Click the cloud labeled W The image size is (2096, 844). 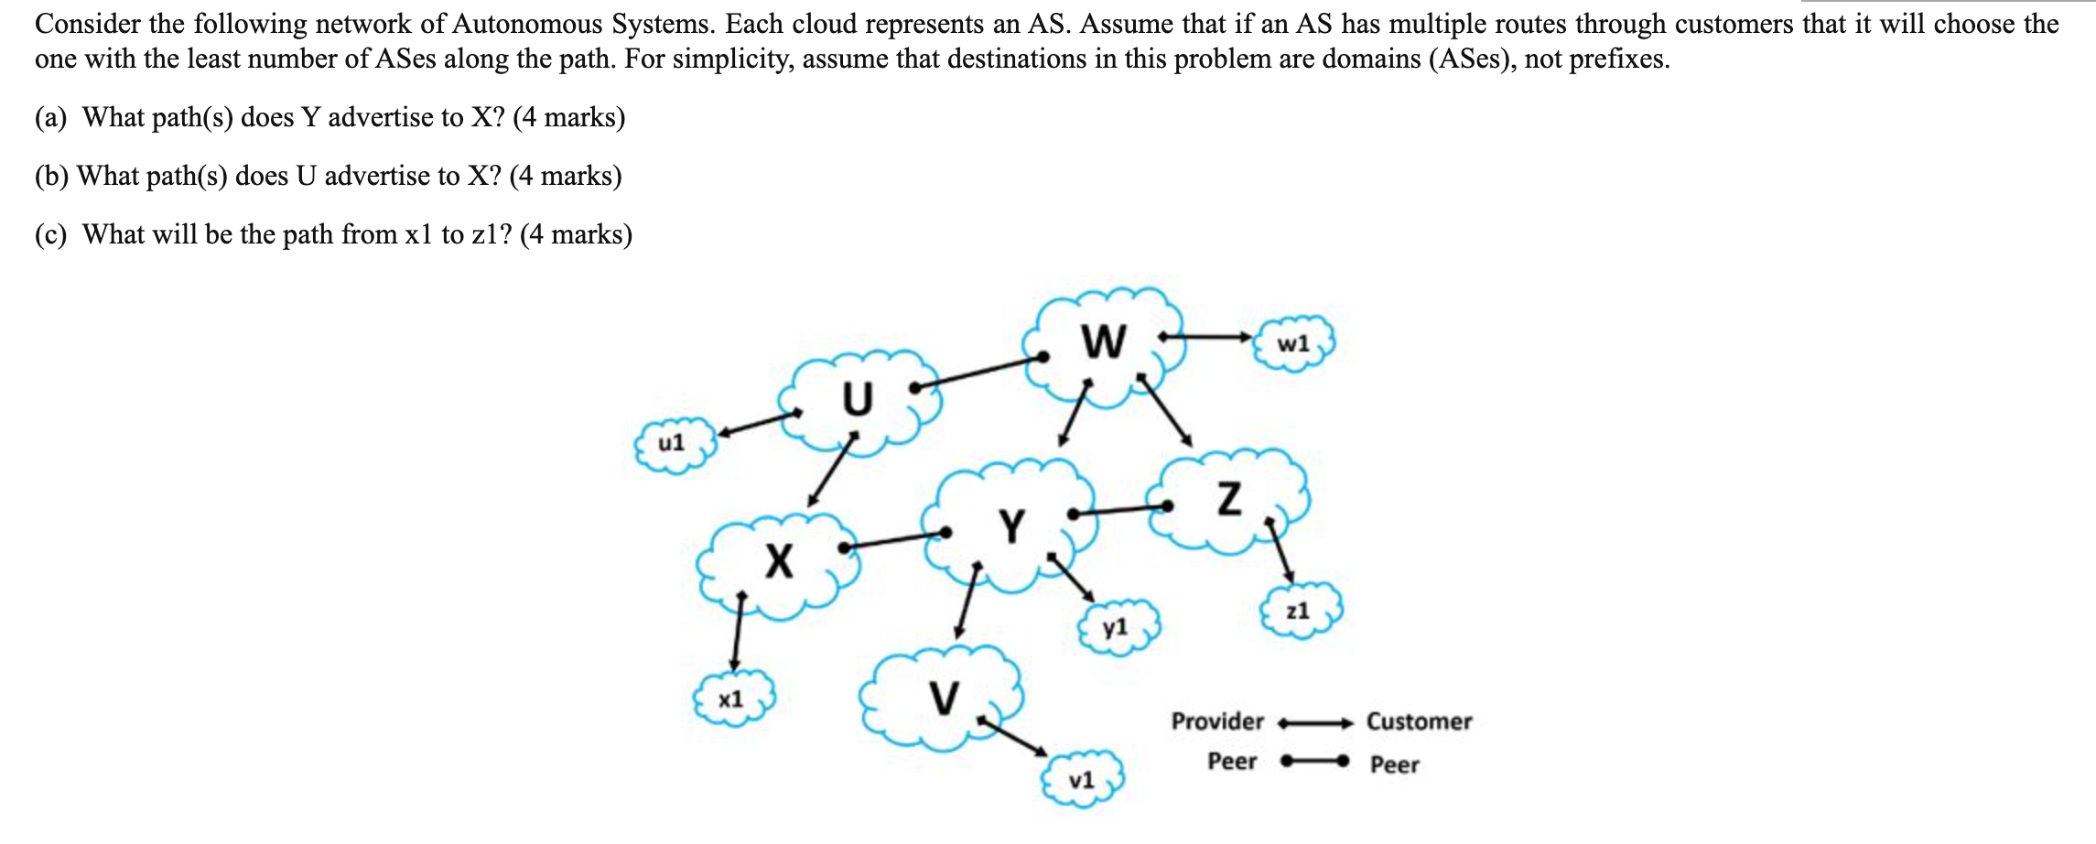[x=1105, y=343]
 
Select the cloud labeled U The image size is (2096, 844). [x=858, y=400]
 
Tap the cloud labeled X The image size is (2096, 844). [x=778, y=562]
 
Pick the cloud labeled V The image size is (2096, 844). [x=943, y=698]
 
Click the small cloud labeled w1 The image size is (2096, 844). [x=1294, y=344]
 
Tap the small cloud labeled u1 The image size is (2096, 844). [x=673, y=444]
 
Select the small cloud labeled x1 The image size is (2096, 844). [x=732, y=700]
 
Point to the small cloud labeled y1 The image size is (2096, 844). [x=1117, y=628]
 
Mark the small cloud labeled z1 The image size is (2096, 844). [x=1299, y=611]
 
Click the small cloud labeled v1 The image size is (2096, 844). [x=1082, y=781]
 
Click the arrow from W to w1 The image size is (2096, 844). [x=1206, y=337]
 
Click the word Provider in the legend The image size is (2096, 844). [x=1217, y=722]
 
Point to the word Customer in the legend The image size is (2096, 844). [x=1419, y=722]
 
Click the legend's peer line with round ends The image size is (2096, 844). [x=1314, y=761]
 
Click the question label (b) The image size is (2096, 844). [x=52, y=176]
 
